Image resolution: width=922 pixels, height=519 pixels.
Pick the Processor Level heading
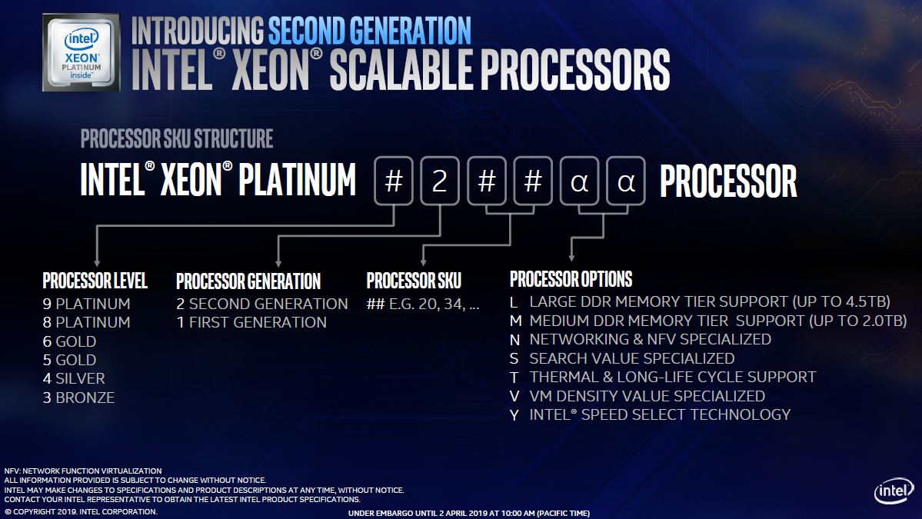click(x=95, y=281)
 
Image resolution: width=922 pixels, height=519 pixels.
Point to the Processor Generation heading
click(x=248, y=281)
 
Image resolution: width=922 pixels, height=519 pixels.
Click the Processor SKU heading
click(x=414, y=281)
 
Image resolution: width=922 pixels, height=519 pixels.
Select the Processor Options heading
click(x=571, y=279)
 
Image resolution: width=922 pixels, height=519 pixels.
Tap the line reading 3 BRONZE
click(x=78, y=398)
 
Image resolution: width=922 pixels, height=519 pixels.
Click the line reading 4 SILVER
click(x=74, y=378)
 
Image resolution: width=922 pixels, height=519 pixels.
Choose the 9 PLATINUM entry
click(x=86, y=304)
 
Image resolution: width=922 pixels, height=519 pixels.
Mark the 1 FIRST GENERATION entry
click(x=251, y=322)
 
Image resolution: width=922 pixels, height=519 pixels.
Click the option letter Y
click(x=514, y=414)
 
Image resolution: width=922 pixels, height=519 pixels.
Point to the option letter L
click(x=514, y=301)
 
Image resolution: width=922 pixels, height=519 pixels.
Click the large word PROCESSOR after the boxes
click(x=728, y=182)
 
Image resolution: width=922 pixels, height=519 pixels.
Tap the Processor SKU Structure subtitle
click(x=177, y=139)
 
